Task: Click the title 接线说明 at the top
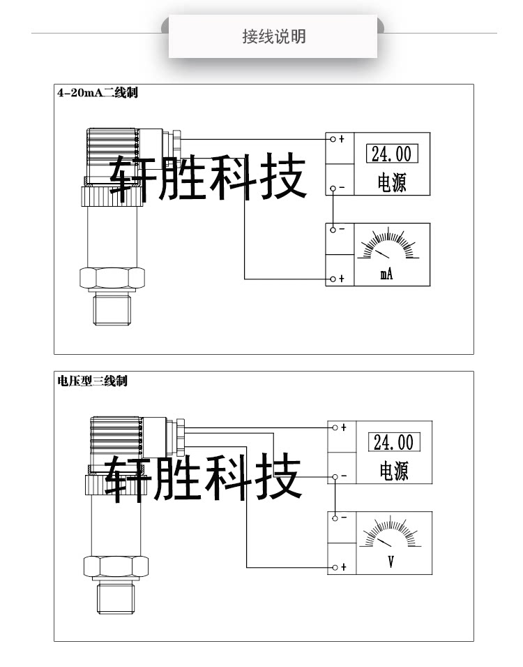click(x=273, y=36)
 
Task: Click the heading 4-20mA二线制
click(x=98, y=93)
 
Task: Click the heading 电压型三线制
click(x=92, y=381)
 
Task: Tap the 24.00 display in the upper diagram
click(x=391, y=154)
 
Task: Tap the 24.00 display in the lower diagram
click(x=393, y=442)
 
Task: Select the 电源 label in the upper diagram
click(x=391, y=183)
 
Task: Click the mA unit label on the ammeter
click(x=386, y=274)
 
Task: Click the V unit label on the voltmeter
click(x=391, y=561)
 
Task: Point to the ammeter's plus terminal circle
click(x=333, y=279)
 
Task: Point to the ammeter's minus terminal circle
click(x=333, y=229)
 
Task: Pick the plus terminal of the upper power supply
click(x=333, y=138)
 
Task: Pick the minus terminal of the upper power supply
click(x=333, y=188)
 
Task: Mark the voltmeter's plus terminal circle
click(x=335, y=567)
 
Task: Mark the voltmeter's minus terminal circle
click(x=335, y=518)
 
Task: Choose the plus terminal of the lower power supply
click(x=335, y=427)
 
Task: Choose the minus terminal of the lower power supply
click(x=335, y=476)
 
